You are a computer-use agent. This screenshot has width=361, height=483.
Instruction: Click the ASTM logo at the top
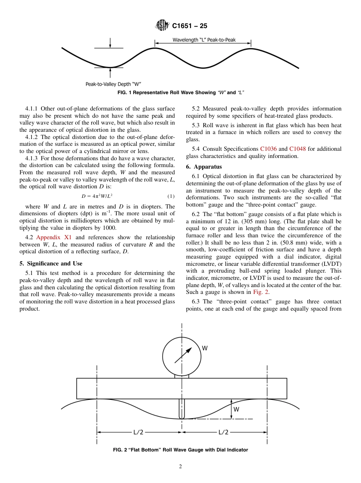[x=162, y=26]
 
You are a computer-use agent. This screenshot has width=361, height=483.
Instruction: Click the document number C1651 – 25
[x=190, y=26]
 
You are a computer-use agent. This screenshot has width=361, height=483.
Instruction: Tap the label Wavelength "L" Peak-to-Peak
[x=204, y=40]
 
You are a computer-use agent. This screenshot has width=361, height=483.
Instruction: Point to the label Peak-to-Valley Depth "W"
[x=114, y=84]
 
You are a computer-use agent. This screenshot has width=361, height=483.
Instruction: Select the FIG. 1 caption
[x=180, y=93]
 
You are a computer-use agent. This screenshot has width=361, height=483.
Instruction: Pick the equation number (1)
[x=171, y=196]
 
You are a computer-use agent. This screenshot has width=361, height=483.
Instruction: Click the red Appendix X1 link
[x=54, y=238]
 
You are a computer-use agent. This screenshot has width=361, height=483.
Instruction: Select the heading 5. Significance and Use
[x=51, y=264]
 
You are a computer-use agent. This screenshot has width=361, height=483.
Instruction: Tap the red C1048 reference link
[x=297, y=149]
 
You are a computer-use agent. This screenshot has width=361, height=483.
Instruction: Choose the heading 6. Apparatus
[x=204, y=167]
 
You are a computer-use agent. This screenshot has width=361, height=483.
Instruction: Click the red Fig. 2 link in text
[x=261, y=292]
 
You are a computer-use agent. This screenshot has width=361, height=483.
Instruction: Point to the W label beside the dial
[x=205, y=348]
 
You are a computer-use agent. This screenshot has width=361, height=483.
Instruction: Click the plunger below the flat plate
[x=182, y=408]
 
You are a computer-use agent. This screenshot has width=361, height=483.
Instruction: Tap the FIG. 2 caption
[x=180, y=450]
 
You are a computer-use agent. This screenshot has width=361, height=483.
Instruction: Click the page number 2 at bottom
[x=180, y=467]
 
